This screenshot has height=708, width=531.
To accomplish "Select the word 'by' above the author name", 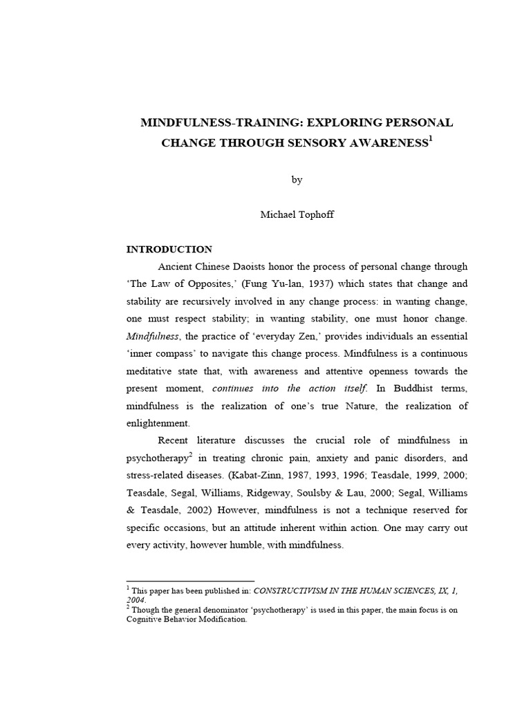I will click(x=297, y=180).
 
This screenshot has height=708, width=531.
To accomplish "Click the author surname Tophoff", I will click(x=317, y=215).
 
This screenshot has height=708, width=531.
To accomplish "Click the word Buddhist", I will click(x=411, y=388).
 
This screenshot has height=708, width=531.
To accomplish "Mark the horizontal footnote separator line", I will click(x=191, y=581).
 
